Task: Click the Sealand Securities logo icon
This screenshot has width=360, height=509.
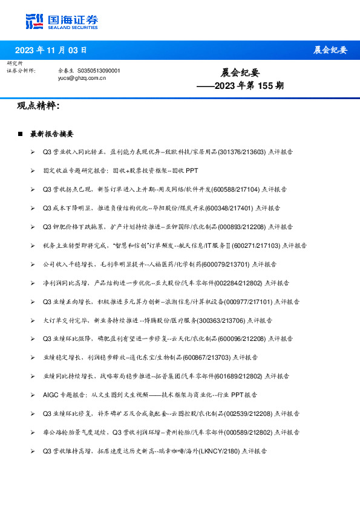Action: pyautogui.click(x=34, y=21)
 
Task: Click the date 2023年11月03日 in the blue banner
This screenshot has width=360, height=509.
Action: pyautogui.click(x=51, y=50)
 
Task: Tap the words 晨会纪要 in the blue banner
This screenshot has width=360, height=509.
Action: pyautogui.click(x=330, y=50)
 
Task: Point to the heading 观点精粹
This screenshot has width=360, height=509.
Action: pyautogui.click(x=39, y=106)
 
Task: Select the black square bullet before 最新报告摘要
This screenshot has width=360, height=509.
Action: pyautogui.click(x=21, y=134)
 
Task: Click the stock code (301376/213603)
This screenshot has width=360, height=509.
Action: pyautogui.click(x=241, y=152)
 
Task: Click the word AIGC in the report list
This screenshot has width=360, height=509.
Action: pyautogui.click(x=51, y=395)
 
